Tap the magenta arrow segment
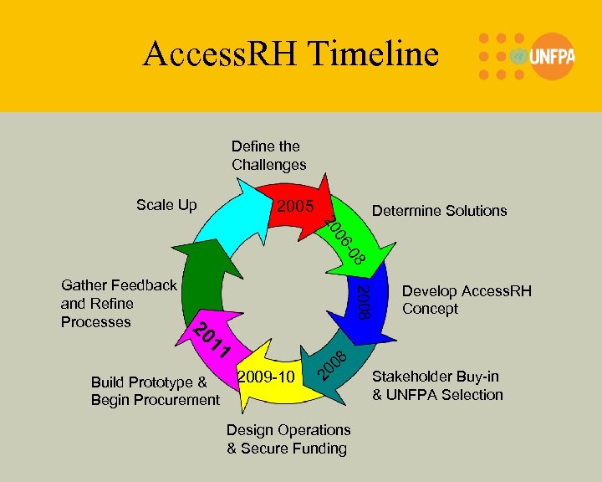(209, 339)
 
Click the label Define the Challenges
(268, 156)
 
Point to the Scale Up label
(166, 205)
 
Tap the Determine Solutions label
(439, 211)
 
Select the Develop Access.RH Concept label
(466, 300)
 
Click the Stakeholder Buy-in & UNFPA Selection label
(437, 385)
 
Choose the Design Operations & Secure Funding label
(288, 439)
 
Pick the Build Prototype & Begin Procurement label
(155, 391)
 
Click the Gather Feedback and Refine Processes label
(119, 303)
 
